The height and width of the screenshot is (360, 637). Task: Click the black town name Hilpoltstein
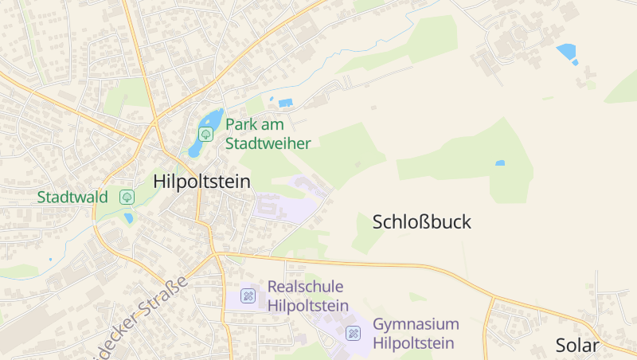pos(201,182)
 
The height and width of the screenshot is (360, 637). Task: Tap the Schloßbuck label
pos(422,222)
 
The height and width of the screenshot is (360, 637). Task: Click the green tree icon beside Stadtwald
pos(127,196)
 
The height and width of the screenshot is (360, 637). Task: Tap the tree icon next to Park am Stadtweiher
pos(205,134)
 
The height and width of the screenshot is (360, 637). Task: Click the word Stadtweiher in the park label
pos(268,143)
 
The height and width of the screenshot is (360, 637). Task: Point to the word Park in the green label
pos(242,124)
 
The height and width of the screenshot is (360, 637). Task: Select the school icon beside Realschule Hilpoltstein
pos(248,295)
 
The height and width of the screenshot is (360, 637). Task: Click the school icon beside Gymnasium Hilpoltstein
pos(353,333)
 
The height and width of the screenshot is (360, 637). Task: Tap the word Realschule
pos(305,286)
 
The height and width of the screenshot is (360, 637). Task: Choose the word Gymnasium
pos(416,324)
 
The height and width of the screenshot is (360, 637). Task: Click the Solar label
pos(577,345)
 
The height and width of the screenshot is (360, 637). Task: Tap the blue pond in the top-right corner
pos(567,52)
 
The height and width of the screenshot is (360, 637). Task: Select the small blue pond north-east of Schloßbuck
pos(500,163)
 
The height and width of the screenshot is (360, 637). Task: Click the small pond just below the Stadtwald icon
pos(128,217)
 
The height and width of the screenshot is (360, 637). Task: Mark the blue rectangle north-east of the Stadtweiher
pos(285,102)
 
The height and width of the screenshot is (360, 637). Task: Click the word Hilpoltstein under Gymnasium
pos(413,343)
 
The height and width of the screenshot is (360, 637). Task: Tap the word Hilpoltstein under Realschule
pos(308,305)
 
